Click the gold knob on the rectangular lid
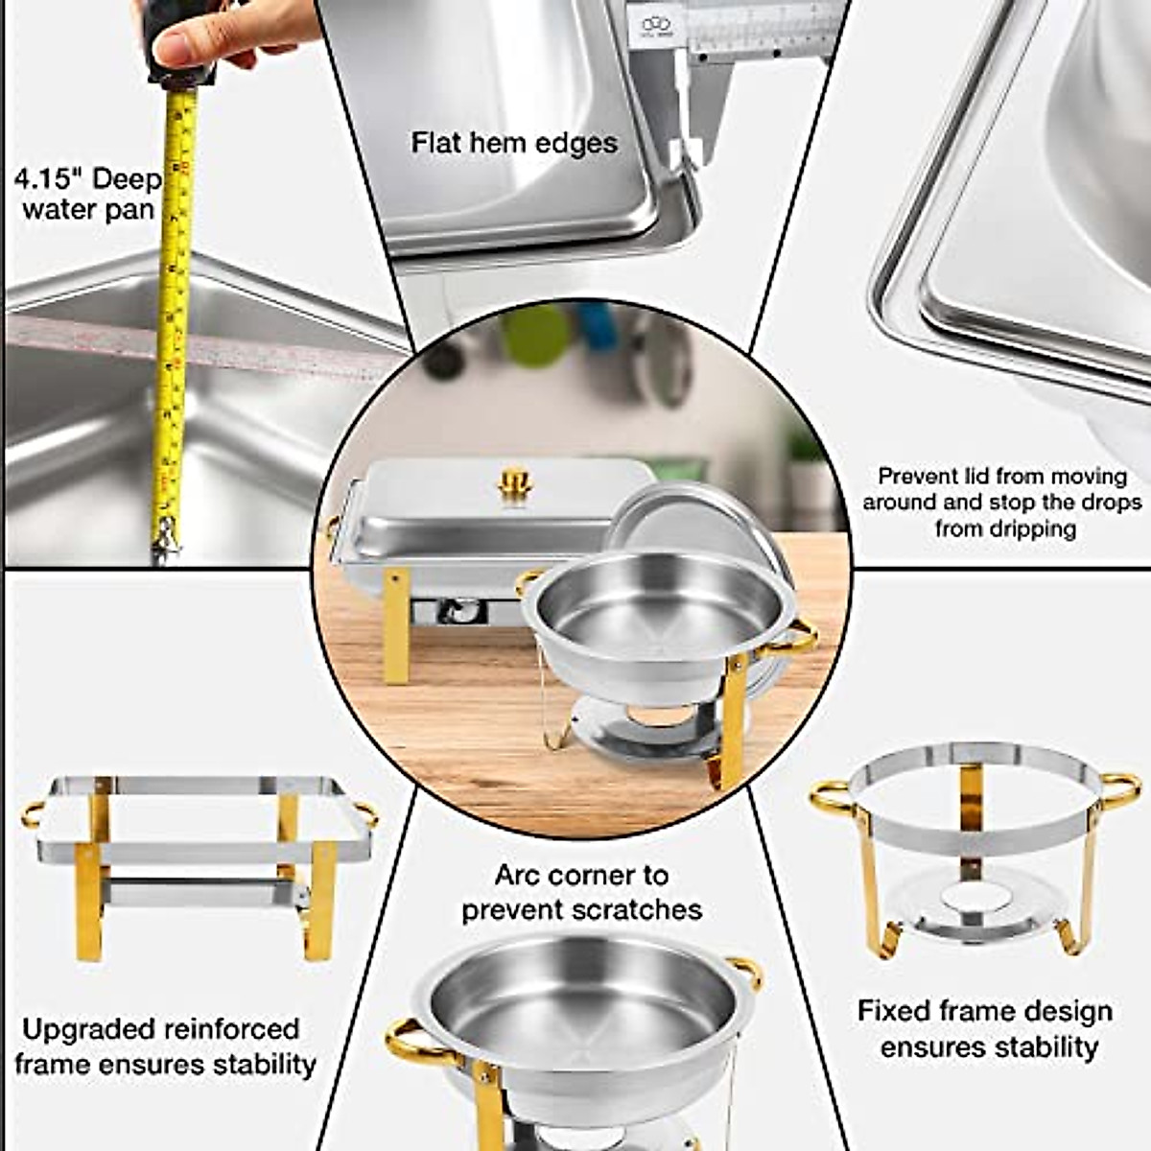click(x=514, y=481)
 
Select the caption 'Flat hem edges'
click(x=514, y=143)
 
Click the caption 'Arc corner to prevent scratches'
click(x=581, y=892)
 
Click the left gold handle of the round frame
click(x=832, y=797)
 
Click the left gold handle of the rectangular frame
click(x=33, y=812)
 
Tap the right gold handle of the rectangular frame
click(x=365, y=814)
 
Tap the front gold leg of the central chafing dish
click(x=395, y=625)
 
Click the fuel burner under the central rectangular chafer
click(x=458, y=610)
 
